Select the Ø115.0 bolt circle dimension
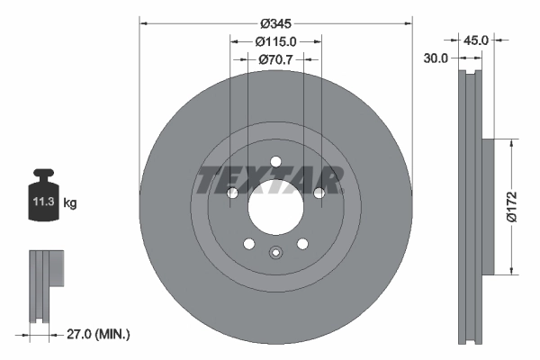275,41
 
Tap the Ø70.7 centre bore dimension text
275,59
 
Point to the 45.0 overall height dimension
475,40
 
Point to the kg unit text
69,203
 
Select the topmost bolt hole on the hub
275,162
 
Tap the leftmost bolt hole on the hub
232,193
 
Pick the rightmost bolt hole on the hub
319,193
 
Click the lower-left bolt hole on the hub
248,243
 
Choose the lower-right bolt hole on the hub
302,243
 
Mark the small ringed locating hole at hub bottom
275,252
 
